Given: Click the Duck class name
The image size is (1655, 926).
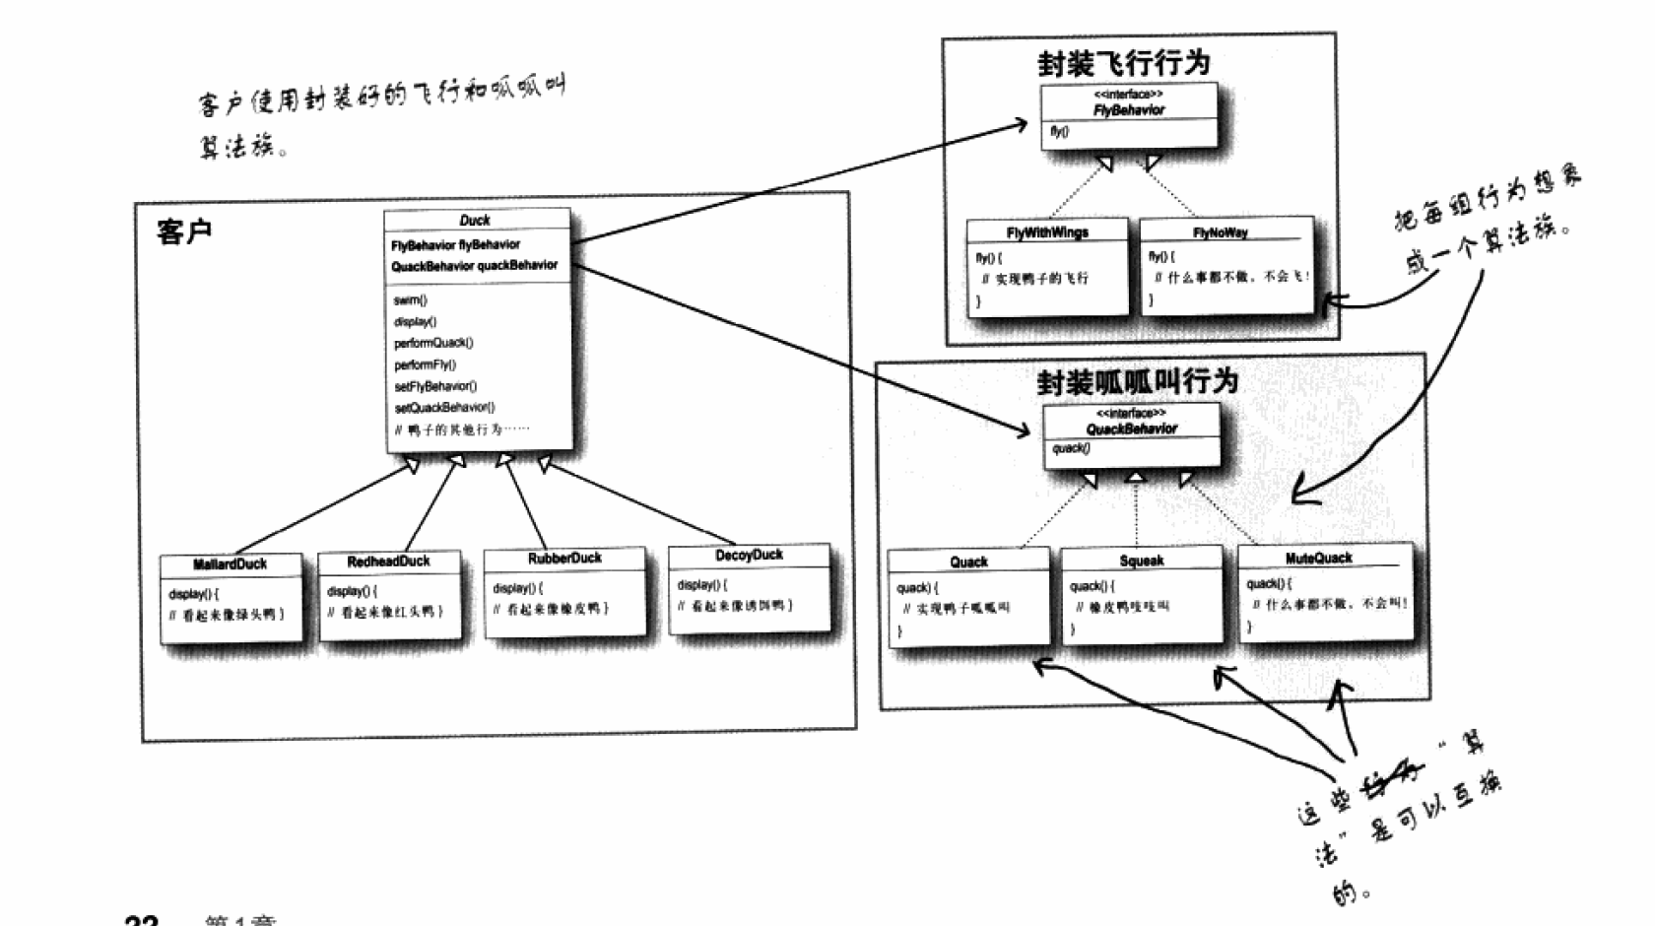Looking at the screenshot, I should [x=475, y=221].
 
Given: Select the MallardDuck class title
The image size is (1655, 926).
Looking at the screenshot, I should [x=231, y=564].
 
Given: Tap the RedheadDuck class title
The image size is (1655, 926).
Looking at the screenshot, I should [x=388, y=562].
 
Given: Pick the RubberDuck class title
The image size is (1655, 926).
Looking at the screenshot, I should [x=564, y=559].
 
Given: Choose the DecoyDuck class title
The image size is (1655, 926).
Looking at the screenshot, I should [x=749, y=556].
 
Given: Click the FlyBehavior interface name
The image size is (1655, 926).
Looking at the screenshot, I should [x=1128, y=110].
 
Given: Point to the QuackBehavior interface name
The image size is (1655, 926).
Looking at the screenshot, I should [x=1131, y=429].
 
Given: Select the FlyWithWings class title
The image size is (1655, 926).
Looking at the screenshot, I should [x=1047, y=232].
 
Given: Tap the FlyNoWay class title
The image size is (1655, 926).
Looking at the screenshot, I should [x=1221, y=232].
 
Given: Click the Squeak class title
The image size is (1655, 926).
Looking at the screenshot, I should [x=1142, y=561].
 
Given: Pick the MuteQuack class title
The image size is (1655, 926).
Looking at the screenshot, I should [x=1318, y=559].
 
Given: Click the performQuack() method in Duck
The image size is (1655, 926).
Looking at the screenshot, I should [x=433, y=343].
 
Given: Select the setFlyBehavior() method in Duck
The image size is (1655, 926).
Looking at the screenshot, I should [x=435, y=386].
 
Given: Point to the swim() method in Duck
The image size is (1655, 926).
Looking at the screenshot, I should [x=410, y=300].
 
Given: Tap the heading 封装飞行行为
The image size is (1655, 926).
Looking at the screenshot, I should [x=1123, y=63].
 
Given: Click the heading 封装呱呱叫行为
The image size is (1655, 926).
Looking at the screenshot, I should [x=1137, y=381].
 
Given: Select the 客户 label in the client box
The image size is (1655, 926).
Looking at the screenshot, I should [x=184, y=232].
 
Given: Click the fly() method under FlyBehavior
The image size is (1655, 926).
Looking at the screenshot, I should [x=1059, y=132].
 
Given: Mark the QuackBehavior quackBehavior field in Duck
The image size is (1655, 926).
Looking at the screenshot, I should [x=474, y=266].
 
